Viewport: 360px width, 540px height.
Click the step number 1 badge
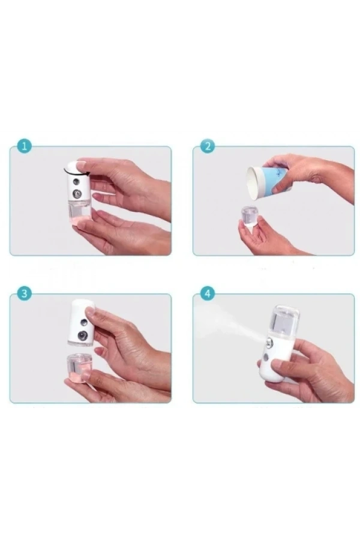pyautogui.click(x=23, y=146)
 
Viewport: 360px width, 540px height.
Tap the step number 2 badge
pyautogui.click(x=208, y=146)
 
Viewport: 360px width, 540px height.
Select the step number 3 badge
pyautogui.click(x=23, y=293)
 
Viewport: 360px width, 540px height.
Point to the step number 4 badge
pyautogui.click(x=208, y=293)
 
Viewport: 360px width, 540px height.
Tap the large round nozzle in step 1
pyautogui.click(x=78, y=194)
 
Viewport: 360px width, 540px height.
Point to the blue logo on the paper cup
pyautogui.click(x=277, y=179)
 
